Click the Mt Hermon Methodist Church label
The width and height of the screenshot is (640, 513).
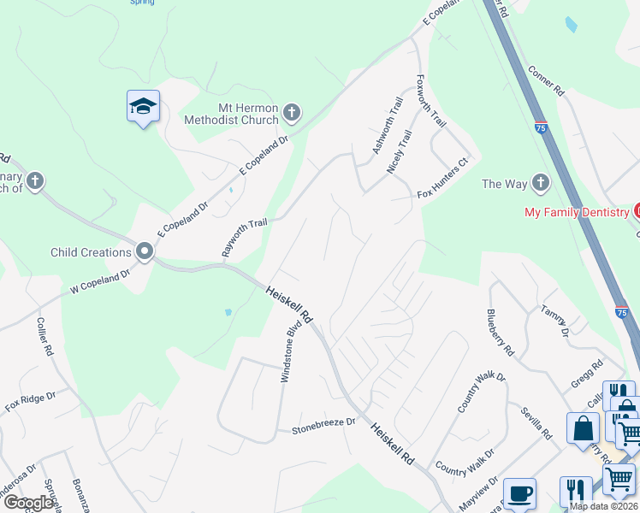(x=237, y=114)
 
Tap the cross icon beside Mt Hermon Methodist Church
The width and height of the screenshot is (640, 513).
(x=292, y=113)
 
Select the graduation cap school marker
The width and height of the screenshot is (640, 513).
(x=143, y=107)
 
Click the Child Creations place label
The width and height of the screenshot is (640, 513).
(x=91, y=252)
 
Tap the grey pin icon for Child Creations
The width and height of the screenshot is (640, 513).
(x=144, y=252)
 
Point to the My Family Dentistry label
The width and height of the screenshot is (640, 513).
(x=578, y=211)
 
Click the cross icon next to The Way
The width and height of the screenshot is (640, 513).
(x=540, y=183)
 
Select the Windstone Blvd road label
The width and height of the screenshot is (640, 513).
(x=293, y=351)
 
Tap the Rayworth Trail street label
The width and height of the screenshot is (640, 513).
(x=245, y=237)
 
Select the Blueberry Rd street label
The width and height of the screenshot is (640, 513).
(x=501, y=333)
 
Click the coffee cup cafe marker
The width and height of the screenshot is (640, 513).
(x=519, y=493)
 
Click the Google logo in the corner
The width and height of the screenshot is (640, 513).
(x=27, y=503)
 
